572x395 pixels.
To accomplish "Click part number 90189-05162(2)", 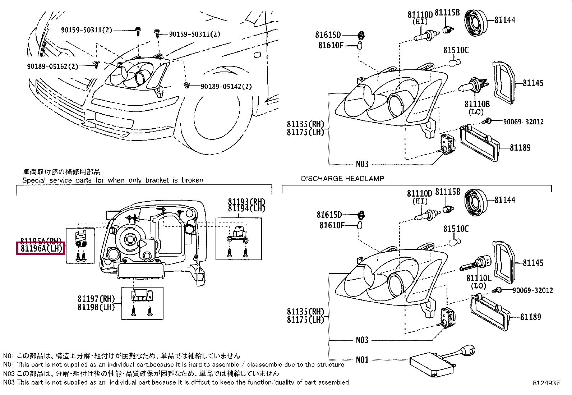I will [52, 66].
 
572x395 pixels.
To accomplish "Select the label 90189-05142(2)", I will [226, 86].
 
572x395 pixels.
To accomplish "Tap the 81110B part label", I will [477, 104].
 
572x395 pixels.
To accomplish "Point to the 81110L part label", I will [479, 278].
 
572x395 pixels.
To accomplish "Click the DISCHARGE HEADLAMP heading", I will [342, 178].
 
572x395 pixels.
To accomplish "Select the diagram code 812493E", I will [546, 383].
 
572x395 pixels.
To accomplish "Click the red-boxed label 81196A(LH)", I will [41, 248].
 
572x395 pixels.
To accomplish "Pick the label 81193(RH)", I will [246, 201].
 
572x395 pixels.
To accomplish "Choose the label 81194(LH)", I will [246, 208].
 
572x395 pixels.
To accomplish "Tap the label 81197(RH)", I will [96, 299].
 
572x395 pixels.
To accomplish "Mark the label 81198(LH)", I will [96, 307].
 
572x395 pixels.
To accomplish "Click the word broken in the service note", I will [193, 180].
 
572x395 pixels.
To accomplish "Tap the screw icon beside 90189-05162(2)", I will [95, 64].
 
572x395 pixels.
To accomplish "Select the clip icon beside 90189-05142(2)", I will [186, 85].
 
